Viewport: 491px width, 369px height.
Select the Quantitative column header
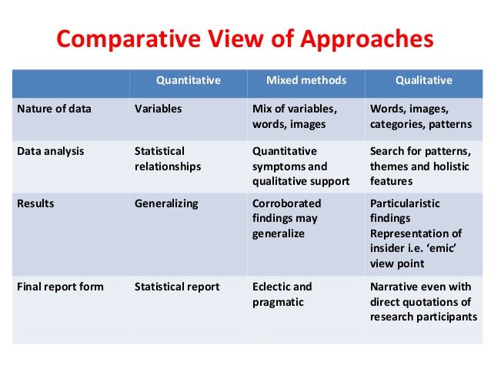click(x=189, y=80)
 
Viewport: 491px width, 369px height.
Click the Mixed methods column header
click(x=306, y=80)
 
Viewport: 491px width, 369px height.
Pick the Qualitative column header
click(x=424, y=80)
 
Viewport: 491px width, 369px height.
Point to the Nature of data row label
click(x=54, y=109)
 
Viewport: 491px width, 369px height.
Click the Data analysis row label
click(x=51, y=152)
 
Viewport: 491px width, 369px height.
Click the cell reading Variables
click(x=159, y=109)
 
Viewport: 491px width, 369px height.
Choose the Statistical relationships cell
click(x=168, y=159)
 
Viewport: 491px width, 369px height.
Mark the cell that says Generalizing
click(x=166, y=203)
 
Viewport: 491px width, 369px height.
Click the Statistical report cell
click(x=177, y=287)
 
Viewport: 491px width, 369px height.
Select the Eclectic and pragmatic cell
click(x=282, y=294)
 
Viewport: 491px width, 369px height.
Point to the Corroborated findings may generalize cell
click(x=287, y=219)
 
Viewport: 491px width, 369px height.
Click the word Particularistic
click(x=406, y=203)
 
